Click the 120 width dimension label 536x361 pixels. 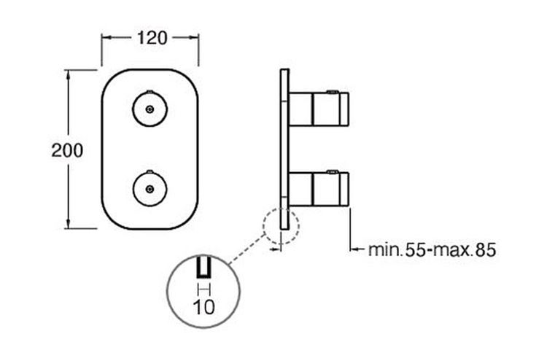click(x=152, y=38)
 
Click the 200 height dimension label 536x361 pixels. click(x=67, y=150)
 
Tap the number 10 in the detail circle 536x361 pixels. click(x=204, y=306)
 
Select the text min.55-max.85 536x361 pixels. click(x=432, y=250)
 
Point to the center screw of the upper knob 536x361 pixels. click(x=149, y=109)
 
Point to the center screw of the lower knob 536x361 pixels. click(x=149, y=189)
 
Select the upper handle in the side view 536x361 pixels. click(x=319, y=109)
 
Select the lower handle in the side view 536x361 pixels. click(x=319, y=189)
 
